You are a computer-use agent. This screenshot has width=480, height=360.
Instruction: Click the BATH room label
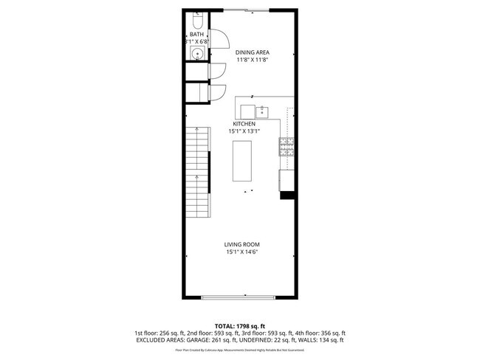coord(196,34)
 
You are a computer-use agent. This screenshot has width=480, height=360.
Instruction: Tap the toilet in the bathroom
coord(196,18)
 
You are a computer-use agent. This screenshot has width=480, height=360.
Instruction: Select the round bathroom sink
coord(197,54)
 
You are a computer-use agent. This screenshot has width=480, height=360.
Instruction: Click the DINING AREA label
coord(252,52)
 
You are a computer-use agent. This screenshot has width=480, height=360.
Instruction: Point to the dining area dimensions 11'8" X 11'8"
coord(252,60)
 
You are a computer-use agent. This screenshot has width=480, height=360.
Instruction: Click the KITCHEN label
coord(244,124)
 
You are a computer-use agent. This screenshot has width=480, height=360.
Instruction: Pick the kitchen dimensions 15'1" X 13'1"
coord(244,132)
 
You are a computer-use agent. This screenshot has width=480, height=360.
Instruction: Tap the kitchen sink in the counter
coord(264,111)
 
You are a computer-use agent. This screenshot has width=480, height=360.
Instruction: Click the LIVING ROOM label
coord(242,244)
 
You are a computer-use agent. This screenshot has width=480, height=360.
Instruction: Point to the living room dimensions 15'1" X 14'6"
coord(242,252)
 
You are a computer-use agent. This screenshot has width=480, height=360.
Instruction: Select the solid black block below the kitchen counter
coord(287,195)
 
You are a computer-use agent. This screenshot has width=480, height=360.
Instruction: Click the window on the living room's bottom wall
coord(242,297)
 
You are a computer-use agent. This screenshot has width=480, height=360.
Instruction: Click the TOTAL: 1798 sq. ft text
coord(240,325)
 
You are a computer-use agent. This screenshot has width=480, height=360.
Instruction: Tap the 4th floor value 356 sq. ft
coord(329,333)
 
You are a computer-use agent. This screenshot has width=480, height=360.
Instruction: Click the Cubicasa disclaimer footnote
coord(240,351)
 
